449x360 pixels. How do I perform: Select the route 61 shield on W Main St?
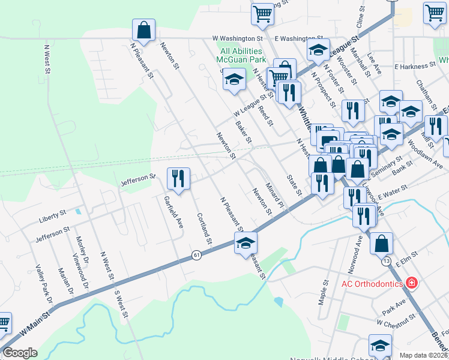tap(196, 255)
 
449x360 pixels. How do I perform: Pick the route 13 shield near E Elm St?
tap(385, 262)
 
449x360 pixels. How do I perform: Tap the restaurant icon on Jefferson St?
tap(178, 178)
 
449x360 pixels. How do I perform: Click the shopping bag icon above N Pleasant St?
tap(144, 29)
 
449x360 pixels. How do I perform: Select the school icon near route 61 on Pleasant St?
tap(246, 243)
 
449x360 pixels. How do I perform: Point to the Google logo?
tap(20, 353)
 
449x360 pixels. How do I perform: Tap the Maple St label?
tap(325, 291)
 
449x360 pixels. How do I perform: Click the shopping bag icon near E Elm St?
tap(381, 243)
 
